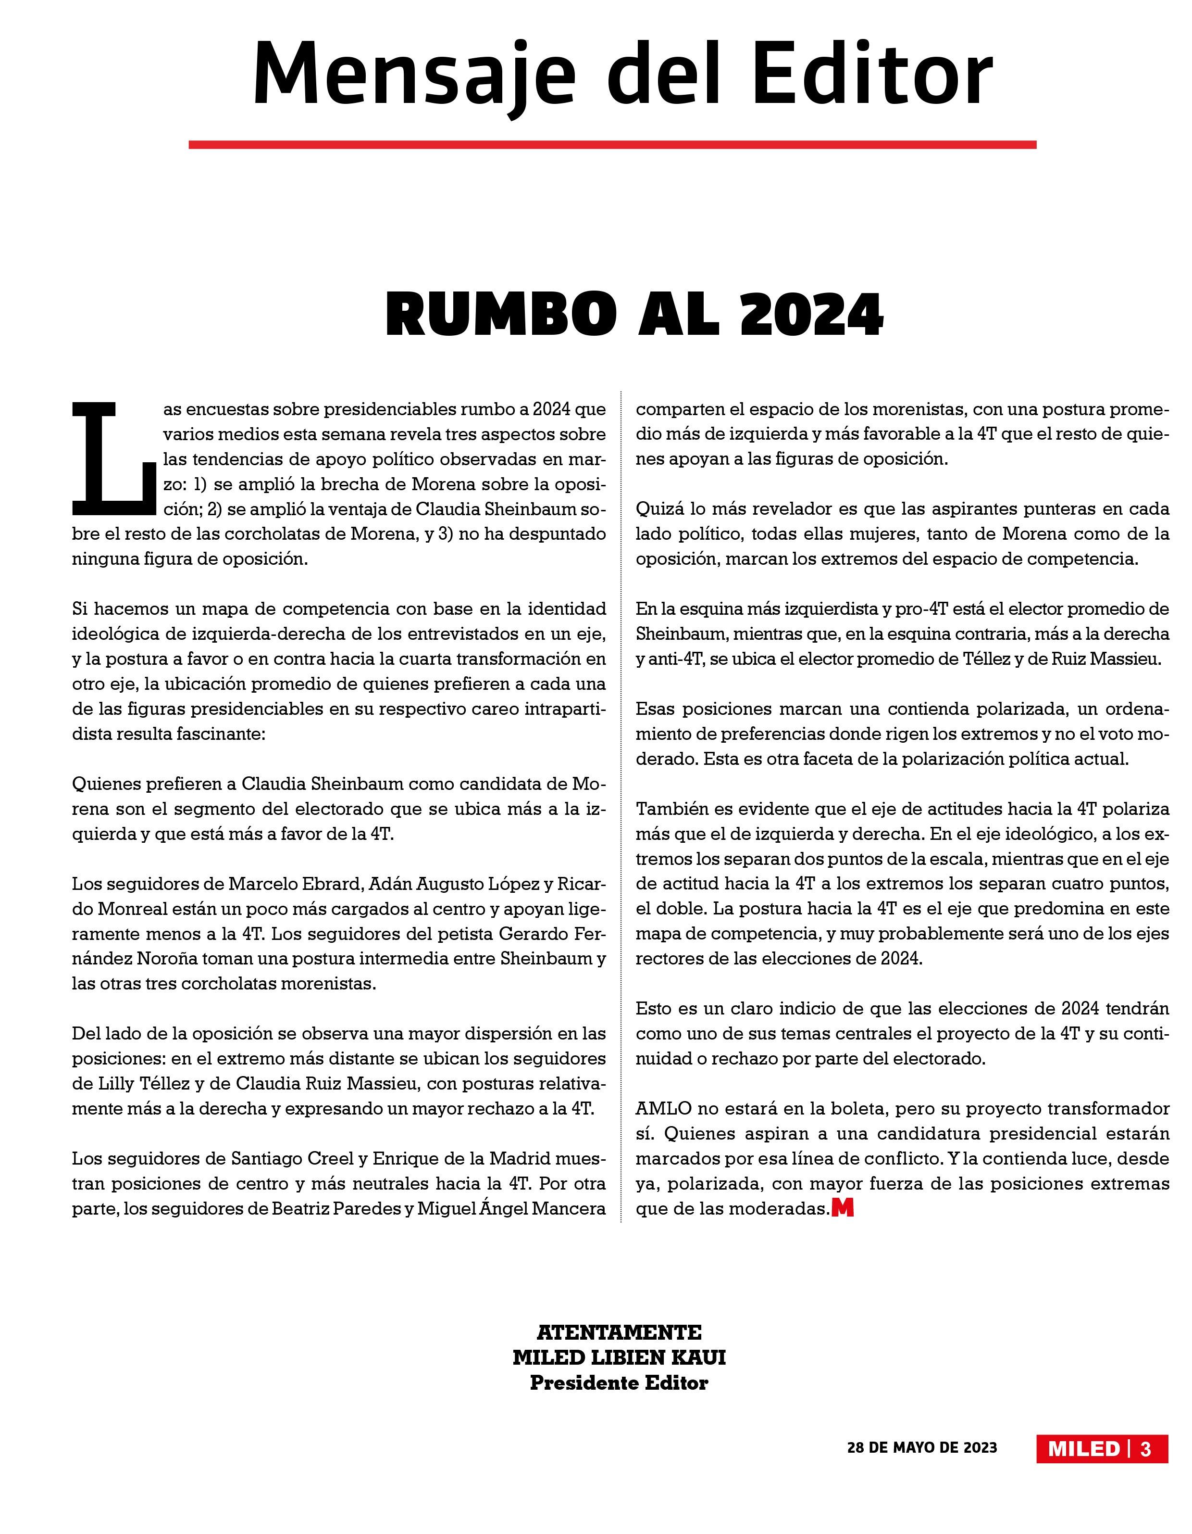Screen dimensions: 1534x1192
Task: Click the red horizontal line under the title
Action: click(x=612, y=145)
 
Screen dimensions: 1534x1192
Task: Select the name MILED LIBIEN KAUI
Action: click(x=619, y=1357)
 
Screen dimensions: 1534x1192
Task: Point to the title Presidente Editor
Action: click(x=619, y=1383)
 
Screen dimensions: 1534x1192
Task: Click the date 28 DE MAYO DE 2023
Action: click(x=922, y=1447)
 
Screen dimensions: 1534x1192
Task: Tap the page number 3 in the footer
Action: click(x=1146, y=1449)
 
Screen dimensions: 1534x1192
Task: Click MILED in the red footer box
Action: click(x=1083, y=1449)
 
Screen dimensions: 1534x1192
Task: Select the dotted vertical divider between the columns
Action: click(x=621, y=808)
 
